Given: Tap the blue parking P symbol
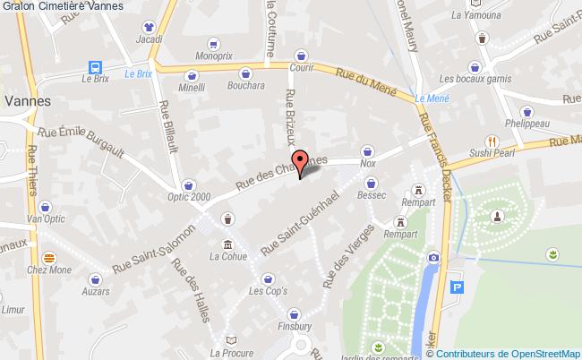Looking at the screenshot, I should [459, 287].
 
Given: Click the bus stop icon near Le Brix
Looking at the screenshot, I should [93, 65].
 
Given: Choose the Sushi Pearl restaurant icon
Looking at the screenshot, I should [491, 141].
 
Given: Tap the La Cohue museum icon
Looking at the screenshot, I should [227, 244].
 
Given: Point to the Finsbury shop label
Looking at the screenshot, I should [295, 326].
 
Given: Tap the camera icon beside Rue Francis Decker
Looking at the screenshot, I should [433, 257].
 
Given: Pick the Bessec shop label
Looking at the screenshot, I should [371, 193].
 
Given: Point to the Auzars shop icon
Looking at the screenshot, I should [95, 278].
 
